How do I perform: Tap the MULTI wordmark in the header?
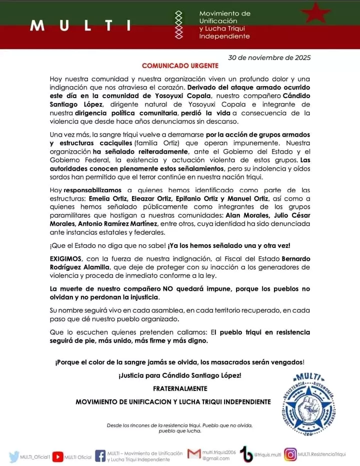tap(80, 26)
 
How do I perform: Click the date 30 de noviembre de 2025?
tap(269, 57)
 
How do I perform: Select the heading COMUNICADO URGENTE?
tap(180, 66)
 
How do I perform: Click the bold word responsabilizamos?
tap(92, 190)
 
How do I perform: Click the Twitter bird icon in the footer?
tap(13, 456)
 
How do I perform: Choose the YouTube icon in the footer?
tap(58, 456)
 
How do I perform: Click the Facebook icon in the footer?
tap(100, 456)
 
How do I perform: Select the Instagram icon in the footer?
tap(290, 454)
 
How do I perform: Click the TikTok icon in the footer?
tap(246, 454)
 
